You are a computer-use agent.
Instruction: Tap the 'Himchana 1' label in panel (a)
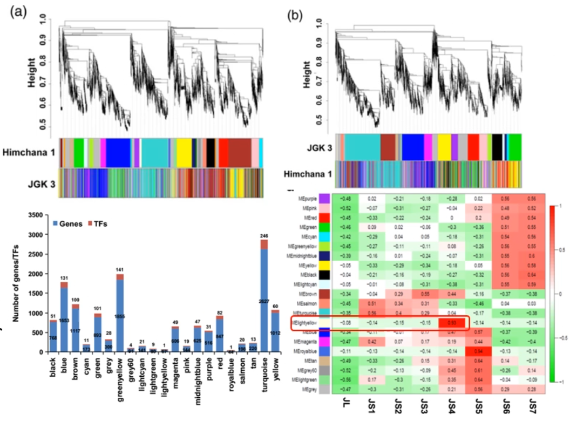29,153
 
